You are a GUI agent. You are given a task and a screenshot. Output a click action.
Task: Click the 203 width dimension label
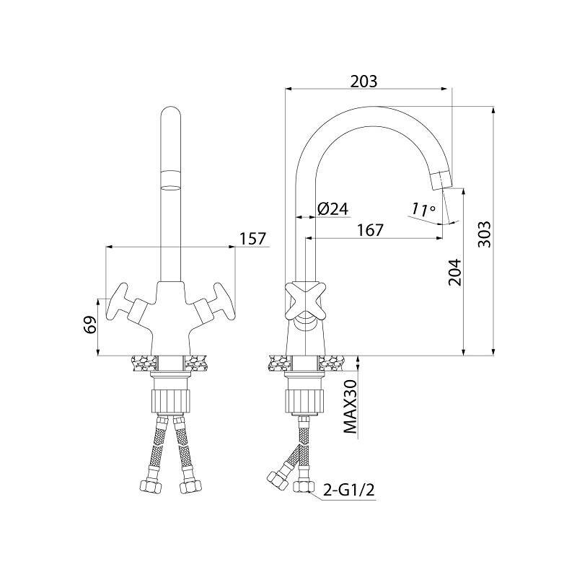coord(364,82)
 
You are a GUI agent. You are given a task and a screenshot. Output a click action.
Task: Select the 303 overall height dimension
coord(484,234)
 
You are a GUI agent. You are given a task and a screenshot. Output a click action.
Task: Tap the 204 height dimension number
coord(455,273)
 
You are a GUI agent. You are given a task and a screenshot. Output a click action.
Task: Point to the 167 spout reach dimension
coord(370,230)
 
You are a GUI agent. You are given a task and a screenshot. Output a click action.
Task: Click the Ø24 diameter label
coord(332,209)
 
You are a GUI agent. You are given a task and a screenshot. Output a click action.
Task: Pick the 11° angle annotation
coord(423,209)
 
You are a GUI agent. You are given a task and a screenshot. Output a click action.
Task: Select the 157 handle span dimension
coord(252,239)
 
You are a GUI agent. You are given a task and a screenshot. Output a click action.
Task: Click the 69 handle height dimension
coord(91,325)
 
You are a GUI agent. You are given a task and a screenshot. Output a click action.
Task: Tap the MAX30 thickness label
coord(350,407)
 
